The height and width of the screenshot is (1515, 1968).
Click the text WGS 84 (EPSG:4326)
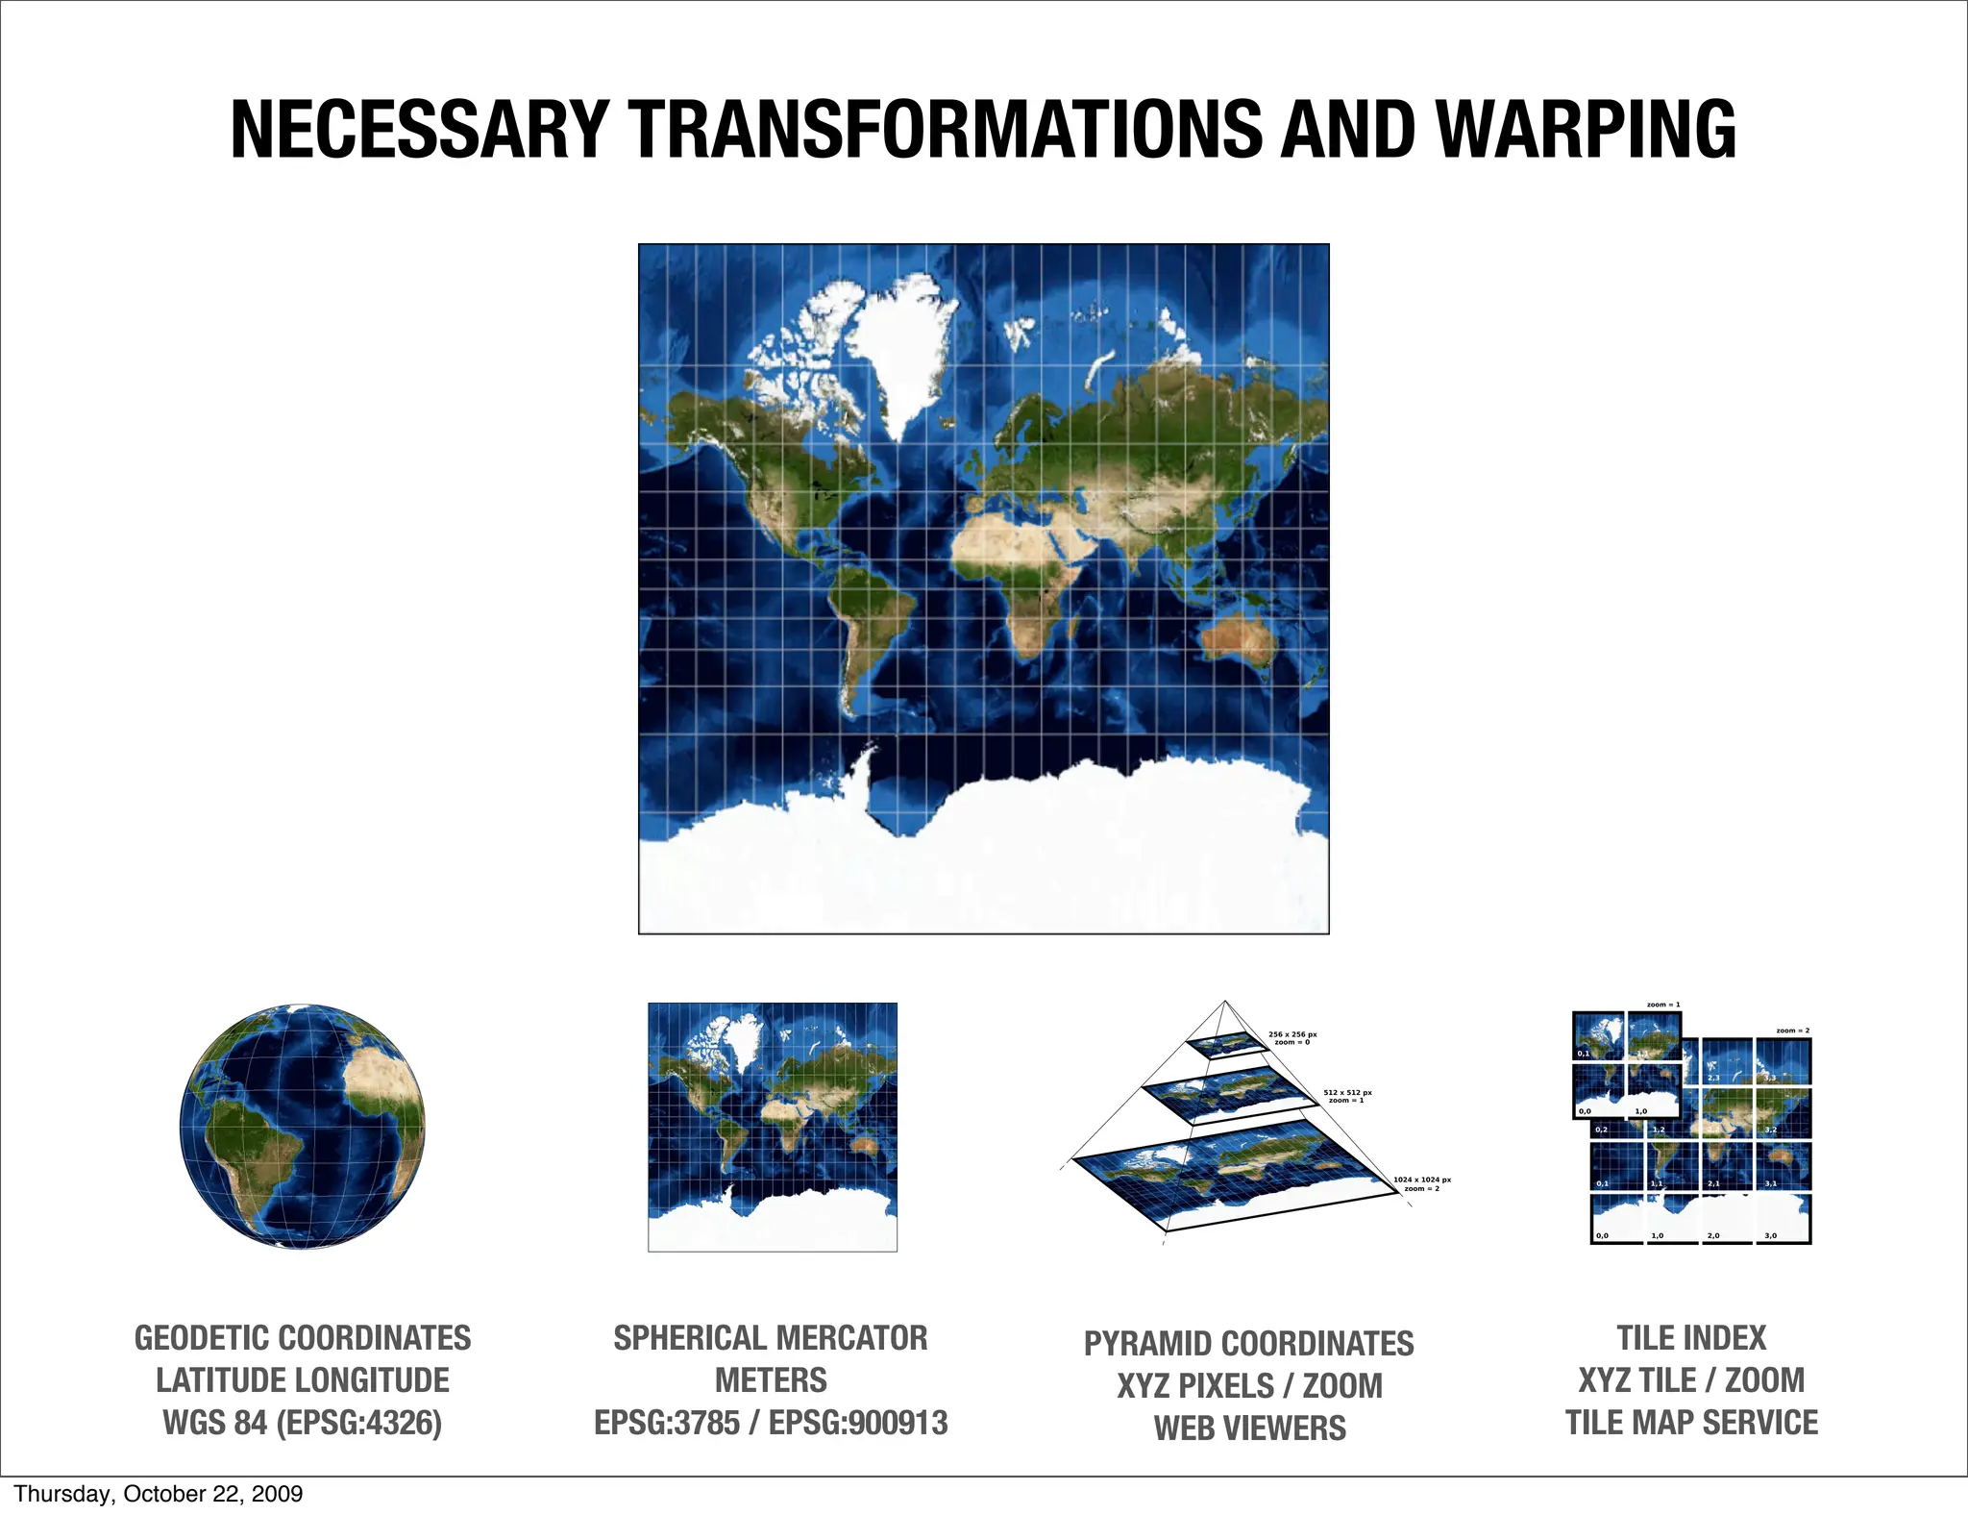pos(303,1423)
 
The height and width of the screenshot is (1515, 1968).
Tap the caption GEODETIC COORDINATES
pos(303,1338)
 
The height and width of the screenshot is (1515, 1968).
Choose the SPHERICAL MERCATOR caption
pos(771,1338)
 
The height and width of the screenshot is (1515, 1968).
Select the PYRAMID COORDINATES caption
pos(1249,1343)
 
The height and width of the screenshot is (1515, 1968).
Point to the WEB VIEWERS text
pos(1249,1428)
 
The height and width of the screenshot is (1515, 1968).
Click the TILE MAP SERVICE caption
pos(1691,1423)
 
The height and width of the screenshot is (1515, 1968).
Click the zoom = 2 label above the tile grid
pos(1792,1031)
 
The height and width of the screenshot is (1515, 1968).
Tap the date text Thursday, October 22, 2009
pos(159,1494)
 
